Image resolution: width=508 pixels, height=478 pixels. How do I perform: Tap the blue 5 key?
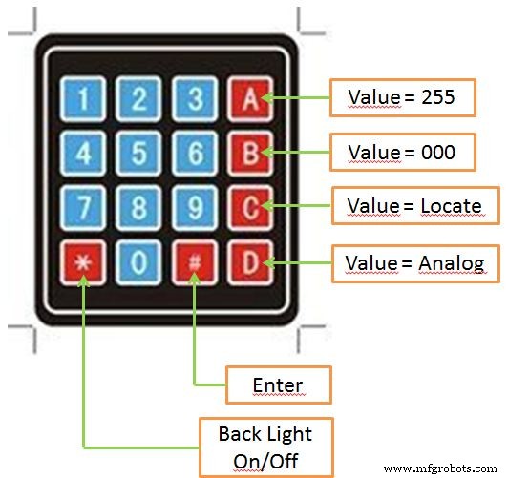138,154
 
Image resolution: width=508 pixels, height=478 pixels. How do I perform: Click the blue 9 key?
195,208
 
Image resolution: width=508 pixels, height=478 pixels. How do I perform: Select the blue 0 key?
138,262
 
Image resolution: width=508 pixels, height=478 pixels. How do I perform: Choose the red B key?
250,154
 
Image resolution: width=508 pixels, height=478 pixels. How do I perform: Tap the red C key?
250,208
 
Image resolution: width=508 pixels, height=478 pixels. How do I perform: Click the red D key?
250,262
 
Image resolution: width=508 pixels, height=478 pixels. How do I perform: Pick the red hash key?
195,262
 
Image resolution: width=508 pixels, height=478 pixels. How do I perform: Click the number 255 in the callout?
438,96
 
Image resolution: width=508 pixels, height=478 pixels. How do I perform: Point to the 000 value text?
438,152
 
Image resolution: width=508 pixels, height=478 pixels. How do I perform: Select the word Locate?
451,206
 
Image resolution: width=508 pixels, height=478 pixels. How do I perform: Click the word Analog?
452,264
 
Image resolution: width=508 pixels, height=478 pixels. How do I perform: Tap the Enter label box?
279,384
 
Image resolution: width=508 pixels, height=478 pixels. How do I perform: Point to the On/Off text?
265,461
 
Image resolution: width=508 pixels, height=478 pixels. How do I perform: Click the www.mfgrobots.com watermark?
440,468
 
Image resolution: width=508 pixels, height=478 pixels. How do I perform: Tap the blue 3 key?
195,98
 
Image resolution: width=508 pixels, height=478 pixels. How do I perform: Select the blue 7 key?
83,208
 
